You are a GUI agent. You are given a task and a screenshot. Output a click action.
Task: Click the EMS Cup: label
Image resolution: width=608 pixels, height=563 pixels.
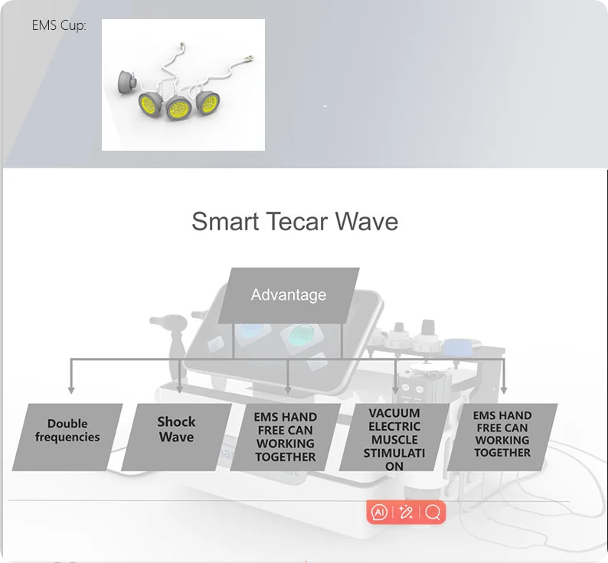point(59,25)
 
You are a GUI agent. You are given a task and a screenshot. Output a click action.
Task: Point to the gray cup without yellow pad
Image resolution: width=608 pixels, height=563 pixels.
point(127,82)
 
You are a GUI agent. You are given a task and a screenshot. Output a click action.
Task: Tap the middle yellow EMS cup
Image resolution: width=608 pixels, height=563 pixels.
point(178,107)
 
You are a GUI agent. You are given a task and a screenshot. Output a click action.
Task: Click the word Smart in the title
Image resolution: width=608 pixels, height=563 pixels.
point(225,222)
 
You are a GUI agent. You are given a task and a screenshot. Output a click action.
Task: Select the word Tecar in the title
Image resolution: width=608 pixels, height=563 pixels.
point(296,222)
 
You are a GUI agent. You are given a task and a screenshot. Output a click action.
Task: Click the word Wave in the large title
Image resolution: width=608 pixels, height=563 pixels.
point(367,222)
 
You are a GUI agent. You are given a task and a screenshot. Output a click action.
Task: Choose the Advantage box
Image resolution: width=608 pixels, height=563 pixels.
point(289,295)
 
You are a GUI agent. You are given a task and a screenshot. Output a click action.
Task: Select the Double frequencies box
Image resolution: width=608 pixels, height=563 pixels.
point(67,437)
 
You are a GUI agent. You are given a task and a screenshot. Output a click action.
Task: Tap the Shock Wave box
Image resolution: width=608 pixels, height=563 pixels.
point(176,437)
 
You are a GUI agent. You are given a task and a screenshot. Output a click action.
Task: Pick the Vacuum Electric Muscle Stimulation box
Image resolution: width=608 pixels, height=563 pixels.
point(394,437)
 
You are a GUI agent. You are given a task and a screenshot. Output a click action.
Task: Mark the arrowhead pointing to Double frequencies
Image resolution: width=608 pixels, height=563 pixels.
point(71,390)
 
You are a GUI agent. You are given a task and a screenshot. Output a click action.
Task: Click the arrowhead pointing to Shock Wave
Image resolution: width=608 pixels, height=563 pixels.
point(179,390)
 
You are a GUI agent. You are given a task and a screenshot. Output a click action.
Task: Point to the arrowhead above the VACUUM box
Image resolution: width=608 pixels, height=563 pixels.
point(396,390)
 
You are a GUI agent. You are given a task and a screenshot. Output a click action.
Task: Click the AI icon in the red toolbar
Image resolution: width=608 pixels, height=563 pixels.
point(379,513)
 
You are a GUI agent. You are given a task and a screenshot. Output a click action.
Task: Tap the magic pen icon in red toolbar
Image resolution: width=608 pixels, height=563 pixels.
point(406,513)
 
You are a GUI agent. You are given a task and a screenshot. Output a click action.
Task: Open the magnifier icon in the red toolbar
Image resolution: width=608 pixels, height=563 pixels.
point(433,513)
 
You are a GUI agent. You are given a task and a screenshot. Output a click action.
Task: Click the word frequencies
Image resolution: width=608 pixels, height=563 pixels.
point(67,437)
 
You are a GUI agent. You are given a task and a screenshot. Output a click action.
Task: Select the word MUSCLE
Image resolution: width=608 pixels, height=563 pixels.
point(394,440)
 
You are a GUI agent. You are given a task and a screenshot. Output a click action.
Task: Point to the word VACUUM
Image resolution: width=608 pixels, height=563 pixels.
point(394,413)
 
